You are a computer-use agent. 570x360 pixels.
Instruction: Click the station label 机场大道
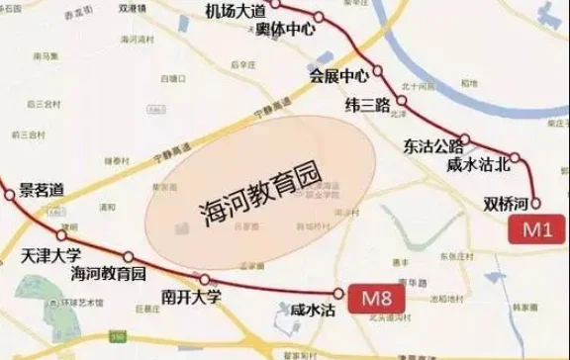coord(237,12)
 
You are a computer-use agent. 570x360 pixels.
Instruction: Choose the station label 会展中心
coord(338,75)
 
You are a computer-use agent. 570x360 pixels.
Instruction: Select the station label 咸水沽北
coord(480,163)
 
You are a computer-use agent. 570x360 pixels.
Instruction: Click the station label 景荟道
coord(41,188)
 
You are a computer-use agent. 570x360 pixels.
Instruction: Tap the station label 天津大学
coord(48,254)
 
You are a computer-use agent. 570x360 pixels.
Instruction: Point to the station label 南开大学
coord(191,295)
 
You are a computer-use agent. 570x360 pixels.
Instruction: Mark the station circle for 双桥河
coord(535,204)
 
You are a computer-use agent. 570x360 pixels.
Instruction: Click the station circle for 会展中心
coord(377,74)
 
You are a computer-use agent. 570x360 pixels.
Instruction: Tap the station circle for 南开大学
coord(205,279)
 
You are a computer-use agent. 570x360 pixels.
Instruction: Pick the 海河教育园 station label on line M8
coord(108,272)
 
